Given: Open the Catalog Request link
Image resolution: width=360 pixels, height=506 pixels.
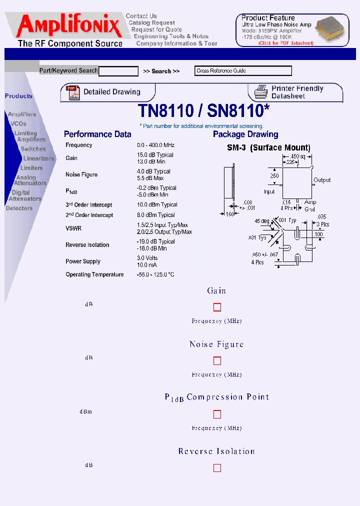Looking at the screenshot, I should coord(151,22).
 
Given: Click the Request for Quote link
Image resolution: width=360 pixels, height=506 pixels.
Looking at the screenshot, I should coord(156,29).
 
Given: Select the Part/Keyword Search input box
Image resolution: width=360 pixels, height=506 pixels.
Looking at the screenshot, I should coord(118,71).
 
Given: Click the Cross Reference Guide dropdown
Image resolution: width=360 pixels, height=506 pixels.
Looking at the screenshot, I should coord(243,71).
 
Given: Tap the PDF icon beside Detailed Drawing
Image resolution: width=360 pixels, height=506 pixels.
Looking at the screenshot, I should coord(73,92).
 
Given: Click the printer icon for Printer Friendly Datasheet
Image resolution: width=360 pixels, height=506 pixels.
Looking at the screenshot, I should coord(260,92).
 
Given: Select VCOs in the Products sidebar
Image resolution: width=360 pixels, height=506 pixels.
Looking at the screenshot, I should coord(18,123).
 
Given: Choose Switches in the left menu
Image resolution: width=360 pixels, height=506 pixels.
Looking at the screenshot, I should coord(33,149).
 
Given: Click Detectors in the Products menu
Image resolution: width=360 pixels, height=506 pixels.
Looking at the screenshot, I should coord(19,208).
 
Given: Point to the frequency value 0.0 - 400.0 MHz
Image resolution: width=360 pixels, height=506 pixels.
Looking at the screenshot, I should coord(155,145).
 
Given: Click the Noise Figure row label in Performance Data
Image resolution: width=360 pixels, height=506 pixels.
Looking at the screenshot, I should coord(81,174).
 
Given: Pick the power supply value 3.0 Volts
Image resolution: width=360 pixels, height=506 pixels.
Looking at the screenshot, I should coord(147,258).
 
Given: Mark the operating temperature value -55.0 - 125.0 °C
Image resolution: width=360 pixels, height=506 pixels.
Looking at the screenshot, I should coord(155,274).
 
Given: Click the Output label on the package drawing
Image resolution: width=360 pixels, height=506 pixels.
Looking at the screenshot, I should coord(322,180).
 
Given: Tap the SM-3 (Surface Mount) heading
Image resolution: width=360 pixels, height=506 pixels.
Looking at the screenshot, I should coord(268,148).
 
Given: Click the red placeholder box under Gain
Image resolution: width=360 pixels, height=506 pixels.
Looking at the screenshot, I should coord(217,307).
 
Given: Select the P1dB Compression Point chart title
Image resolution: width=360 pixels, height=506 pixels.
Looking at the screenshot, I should coord(217,397).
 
